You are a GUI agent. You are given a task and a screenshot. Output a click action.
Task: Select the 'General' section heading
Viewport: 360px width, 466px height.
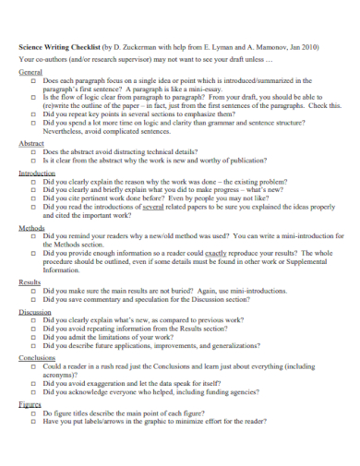click(30, 71)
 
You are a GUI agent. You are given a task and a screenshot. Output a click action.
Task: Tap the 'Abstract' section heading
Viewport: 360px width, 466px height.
click(32, 143)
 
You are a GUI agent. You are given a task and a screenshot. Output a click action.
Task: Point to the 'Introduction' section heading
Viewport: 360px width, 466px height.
click(37, 173)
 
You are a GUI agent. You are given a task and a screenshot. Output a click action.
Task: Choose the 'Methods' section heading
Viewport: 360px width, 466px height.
click(32, 227)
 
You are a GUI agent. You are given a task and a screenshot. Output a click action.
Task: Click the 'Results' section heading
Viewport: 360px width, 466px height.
click(30, 281)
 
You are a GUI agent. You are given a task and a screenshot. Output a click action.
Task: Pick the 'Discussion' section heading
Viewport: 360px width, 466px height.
click(35, 311)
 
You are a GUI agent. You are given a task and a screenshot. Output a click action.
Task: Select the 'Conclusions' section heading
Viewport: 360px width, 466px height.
click(37, 356)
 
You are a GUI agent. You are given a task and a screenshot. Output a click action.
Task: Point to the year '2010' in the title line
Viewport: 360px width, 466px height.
click(304, 46)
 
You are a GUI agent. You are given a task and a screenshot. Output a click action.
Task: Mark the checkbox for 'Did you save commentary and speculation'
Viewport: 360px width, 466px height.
click(32, 300)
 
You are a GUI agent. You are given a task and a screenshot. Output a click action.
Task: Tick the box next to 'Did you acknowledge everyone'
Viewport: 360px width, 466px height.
click(32, 392)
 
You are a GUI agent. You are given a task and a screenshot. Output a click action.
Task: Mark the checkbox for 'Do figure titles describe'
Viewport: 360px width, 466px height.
click(32, 413)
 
